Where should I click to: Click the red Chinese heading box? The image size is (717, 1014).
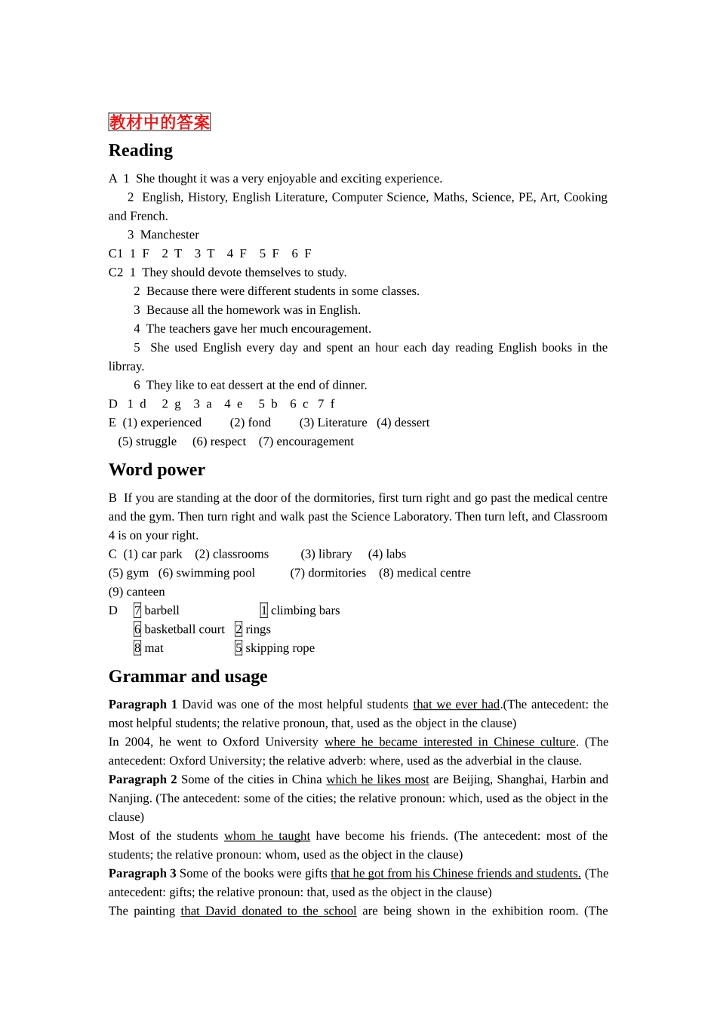tap(159, 122)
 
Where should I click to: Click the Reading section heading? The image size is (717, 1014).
tap(140, 150)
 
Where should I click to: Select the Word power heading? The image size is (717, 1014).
tap(157, 469)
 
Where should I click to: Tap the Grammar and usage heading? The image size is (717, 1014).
tap(188, 676)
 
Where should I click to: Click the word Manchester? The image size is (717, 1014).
tap(170, 235)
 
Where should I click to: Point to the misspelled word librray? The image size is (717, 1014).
tap(126, 366)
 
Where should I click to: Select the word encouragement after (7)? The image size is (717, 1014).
tap(315, 441)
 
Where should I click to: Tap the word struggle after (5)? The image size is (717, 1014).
tap(156, 441)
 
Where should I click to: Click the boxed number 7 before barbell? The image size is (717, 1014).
tap(137, 610)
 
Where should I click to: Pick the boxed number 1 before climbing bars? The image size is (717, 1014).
tap(263, 610)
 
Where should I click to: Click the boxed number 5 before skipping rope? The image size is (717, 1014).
tap(238, 648)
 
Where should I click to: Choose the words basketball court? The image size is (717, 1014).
tap(184, 629)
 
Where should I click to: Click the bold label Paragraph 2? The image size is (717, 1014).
tap(143, 779)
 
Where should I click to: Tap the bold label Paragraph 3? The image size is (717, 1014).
tap(143, 873)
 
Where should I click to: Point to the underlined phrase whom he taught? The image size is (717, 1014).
tap(267, 836)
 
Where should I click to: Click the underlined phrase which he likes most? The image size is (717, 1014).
tap(377, 779)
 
